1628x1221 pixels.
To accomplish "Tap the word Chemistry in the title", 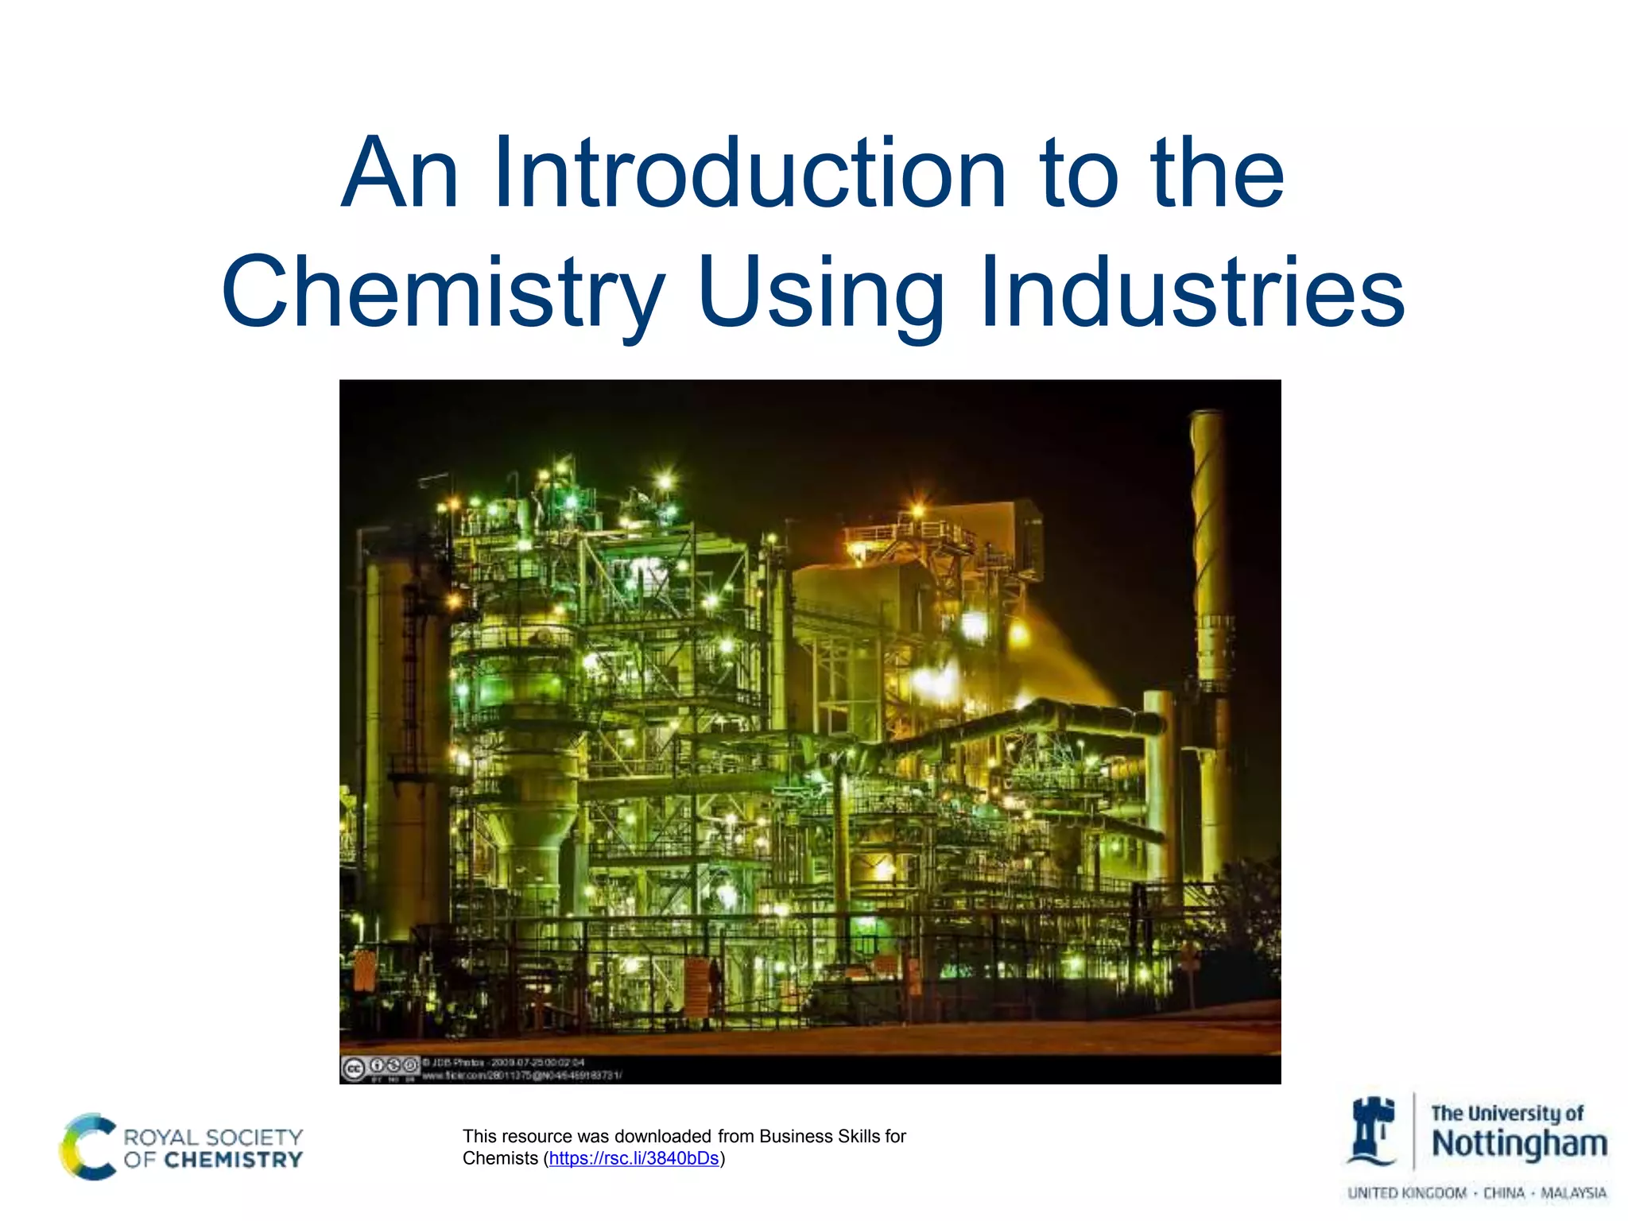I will click(x=443, y=293).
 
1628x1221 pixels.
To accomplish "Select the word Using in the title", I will click(x=822, y=293).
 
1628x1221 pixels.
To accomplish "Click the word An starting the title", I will click(x=400, y=173).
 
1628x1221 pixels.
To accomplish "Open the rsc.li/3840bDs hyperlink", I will click(x=634, y=1158).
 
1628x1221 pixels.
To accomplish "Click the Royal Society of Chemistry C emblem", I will click(x=87, y=1146).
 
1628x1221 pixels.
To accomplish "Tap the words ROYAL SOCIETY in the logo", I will click(x=213, y=1137).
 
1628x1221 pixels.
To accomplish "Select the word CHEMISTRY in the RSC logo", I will click(x=234, y=1161).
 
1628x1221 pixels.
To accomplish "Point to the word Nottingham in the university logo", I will click(x=1518, y=1145).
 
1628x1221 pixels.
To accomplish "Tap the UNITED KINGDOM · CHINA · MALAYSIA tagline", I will click(x=1477, y=1193).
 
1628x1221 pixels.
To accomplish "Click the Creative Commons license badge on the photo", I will click(x=379, y=1068).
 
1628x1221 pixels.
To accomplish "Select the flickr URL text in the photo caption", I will click(x=521, y=1076).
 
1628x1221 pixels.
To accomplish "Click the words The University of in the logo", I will click(x=1507, y=1113).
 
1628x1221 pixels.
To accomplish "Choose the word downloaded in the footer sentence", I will click(x=663, y=1136).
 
